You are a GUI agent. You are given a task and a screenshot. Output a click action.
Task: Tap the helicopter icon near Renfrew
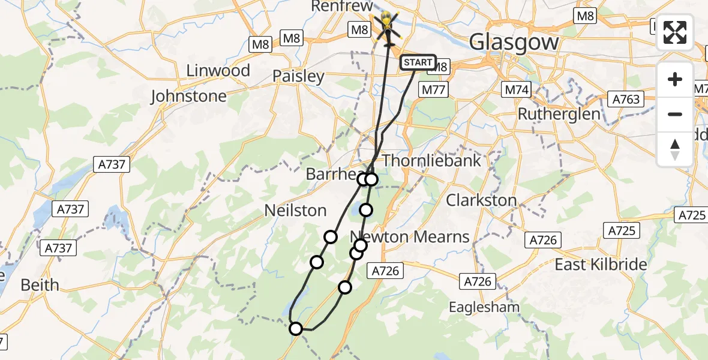pos(387,25)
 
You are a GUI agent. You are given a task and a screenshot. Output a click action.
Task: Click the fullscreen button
pos(675,32)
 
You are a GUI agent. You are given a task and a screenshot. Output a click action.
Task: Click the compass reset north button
pos(675,149)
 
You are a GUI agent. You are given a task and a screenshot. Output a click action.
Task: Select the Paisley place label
pos(298,77)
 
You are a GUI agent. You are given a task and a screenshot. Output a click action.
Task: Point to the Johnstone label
pos(188,96)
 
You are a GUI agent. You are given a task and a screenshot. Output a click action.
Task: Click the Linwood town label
pos(218,71)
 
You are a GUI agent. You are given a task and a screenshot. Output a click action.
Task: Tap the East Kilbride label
pos(601,265)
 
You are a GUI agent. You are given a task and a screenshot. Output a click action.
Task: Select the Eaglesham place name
pos(485,307)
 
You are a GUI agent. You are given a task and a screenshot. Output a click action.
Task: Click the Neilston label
pos(296,211)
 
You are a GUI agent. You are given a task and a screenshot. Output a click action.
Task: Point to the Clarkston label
pos(481,200)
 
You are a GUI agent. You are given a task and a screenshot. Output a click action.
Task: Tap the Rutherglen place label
pos(559,114)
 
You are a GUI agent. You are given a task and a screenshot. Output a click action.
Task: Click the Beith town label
pos(40,285)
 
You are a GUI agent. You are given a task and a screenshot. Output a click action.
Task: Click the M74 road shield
pos(516,90)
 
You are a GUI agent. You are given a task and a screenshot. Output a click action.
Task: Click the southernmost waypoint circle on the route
pos(296,328)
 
